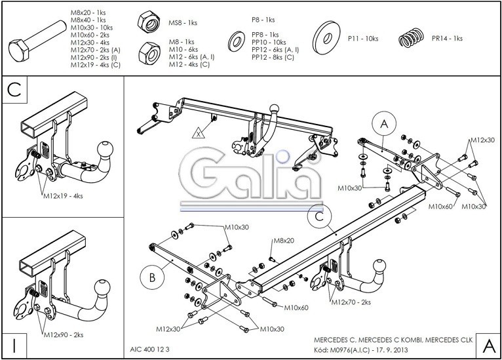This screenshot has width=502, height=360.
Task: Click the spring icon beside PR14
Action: click(412, 38)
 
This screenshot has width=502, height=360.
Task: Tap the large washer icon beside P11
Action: click(326, 38)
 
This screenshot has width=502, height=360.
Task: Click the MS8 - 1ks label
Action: click(183, 23)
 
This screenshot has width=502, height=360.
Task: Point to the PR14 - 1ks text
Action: click(447, 39)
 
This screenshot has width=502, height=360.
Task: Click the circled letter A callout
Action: click(384, 124)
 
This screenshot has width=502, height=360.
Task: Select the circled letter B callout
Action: click(152, 277)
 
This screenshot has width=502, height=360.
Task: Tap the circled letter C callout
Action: click(320, 217)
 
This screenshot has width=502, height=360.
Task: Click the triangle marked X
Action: click(199, 132)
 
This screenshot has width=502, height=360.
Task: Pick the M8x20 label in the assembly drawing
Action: click(283, 241)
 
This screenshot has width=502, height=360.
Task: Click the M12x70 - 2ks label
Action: click(351, 302)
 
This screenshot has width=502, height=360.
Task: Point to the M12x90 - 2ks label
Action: click(64, 334)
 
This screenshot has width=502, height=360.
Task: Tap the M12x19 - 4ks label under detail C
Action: click(63, 195)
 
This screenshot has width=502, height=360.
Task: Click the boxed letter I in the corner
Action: click(14, 346)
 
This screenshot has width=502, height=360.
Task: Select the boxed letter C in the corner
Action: click(14, 90)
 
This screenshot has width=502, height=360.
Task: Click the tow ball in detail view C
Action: click(105, 150)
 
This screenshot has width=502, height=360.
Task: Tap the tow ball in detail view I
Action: click(102, 288)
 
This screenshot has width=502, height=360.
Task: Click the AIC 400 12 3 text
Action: click(149, 350)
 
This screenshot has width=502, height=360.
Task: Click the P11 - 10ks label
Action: click(363, 39)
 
